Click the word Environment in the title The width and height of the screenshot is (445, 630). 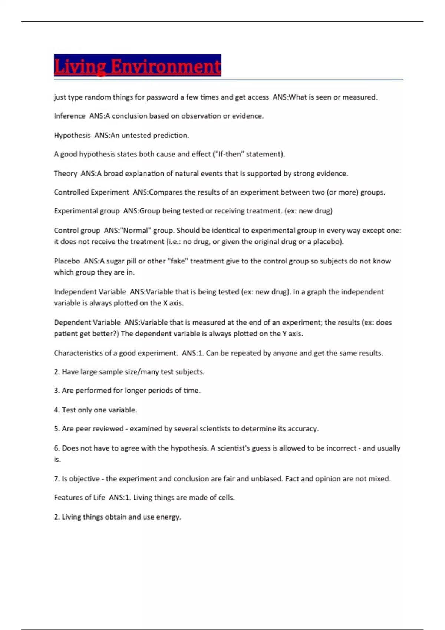pos(166,67)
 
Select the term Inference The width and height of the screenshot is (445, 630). pos(70,116)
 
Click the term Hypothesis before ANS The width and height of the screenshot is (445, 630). pos(72,136)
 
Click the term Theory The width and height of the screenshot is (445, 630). pos(65,174)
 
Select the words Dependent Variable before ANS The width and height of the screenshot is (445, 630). pos(87,323)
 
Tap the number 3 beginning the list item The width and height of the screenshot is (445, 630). pos(56,391)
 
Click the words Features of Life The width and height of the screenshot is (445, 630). pos(79,498)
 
